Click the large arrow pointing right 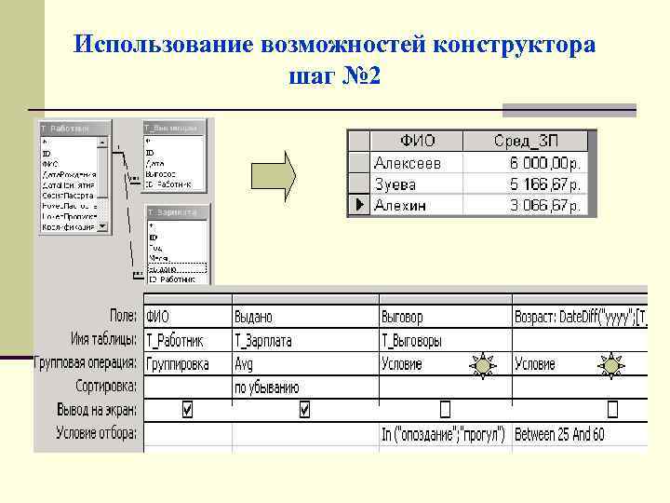(273, 172)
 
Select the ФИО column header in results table (417, 142)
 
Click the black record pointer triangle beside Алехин (358, 205)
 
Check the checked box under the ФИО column (188, 409)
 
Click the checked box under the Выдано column (304, 409)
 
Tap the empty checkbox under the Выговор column (444, 409)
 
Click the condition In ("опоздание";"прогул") (444, 434)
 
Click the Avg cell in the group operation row (245, 364)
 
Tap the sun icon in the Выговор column (483, 366)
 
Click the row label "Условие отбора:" (97, 433)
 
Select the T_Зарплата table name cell (263, 341)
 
